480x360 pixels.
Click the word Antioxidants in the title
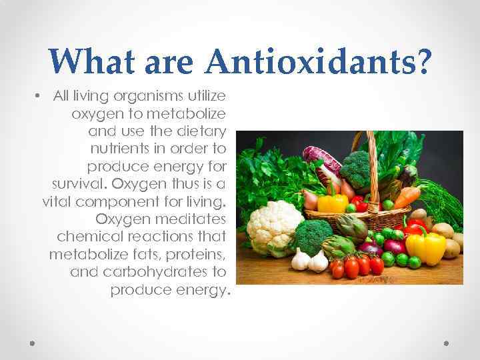(x=319, y=61)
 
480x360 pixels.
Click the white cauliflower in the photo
(x=274, y=224)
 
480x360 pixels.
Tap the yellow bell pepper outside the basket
(x=426, y=245)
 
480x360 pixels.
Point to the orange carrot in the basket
(x=406, y=196)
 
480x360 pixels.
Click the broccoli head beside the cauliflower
(x=313, y=235)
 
